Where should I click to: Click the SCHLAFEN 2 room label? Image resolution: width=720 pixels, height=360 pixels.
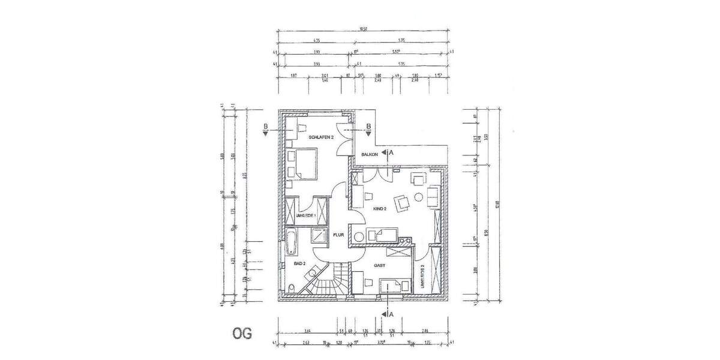coord(321,137)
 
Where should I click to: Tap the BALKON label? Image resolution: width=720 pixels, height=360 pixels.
coord(370,155)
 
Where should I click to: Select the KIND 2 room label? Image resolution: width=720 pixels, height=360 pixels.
coord(380,209)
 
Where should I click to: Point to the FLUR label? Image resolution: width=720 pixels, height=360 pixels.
coord(338,236)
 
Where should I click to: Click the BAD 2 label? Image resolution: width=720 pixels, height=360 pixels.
coord(299,263)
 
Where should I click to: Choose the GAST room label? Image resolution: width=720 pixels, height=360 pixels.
coord(379,265)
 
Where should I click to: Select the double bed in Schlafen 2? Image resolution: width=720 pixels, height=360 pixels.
coord(303,163)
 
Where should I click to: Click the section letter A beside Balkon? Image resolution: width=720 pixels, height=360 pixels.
coord(391,153)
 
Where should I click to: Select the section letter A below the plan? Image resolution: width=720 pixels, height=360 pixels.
coord(391,314)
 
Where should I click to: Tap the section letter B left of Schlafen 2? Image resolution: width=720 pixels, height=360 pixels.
coord(265,126)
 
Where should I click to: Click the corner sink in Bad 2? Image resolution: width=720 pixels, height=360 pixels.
coord(311,274)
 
